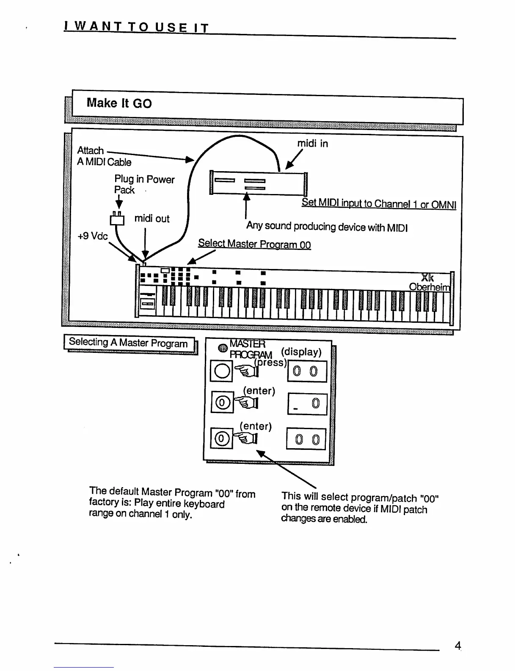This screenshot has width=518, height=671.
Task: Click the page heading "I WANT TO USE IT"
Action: click(136, 28)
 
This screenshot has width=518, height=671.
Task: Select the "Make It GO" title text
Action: click(119, 103)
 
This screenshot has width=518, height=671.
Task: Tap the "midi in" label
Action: click(312, 144)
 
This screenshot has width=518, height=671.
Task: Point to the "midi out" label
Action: click(152, 219)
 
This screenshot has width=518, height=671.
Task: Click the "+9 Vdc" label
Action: click(93, 236)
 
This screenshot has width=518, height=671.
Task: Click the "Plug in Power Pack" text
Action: click(144, 184)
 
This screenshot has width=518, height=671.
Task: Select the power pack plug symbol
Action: click(117, 219)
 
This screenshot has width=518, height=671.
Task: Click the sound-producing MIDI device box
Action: click(258, 183)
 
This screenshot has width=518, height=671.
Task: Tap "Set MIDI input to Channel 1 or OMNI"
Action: click(379, 204)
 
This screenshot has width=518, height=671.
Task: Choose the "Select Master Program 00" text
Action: click(254, 244)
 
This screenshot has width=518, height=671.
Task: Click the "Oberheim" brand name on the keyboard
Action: click(429, 287)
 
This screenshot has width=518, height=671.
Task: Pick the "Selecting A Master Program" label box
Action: click(129, 343)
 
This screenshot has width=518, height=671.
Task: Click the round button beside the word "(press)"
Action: click(221, 371)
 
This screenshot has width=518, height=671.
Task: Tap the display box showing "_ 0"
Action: click(307, 404)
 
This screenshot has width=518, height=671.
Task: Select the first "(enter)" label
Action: click(259, 391)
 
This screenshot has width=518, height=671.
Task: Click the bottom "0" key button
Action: click(221, 439)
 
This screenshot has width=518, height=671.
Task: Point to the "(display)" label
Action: click(301, 352)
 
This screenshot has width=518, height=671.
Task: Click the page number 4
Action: click(457, 646)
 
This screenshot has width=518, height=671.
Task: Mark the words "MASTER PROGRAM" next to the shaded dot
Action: click(250, 349)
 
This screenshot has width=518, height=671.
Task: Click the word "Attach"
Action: click(90, 150)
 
